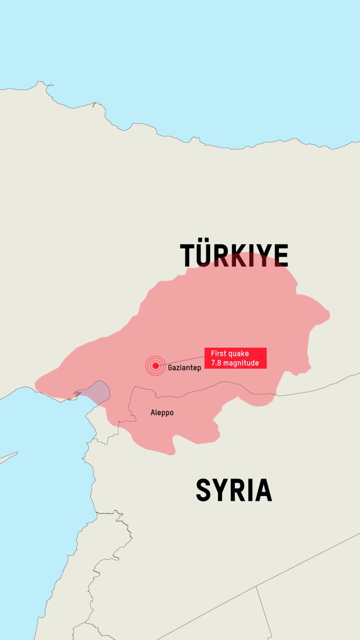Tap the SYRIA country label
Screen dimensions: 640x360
tap(234, 490)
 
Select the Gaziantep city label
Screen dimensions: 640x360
tap(184, 368)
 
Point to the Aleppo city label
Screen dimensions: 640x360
tap(162, 413)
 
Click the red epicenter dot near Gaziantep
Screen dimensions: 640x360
tap(155, 366)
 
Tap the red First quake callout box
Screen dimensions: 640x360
tap(236, 358)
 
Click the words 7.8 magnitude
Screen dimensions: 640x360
tap(235, 363)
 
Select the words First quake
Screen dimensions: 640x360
tap(230, 353)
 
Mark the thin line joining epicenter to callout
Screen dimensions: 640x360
tap(182, 361)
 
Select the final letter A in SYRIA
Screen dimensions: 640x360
tap(264, 490)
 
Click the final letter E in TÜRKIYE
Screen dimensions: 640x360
tap(281, 256)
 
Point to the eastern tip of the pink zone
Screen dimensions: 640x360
tap(329, 314)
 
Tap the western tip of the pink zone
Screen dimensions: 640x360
tap(36, 384)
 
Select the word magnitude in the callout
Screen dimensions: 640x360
tap(241, 363)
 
